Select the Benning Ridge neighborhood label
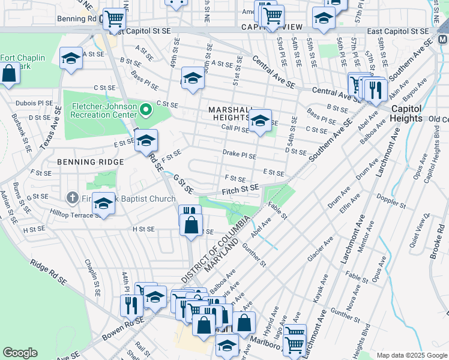pos(90,162)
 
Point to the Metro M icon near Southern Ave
pos(443,40)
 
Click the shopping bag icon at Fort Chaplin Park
pos(10,76)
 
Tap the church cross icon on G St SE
pos(73,197)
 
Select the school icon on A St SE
pos(71,59)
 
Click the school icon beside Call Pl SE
pos(260,121)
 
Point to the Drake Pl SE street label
pos(240,155)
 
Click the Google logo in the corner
pos(20,353)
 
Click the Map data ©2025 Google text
pos(411,355)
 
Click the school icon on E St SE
pos(145,140)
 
